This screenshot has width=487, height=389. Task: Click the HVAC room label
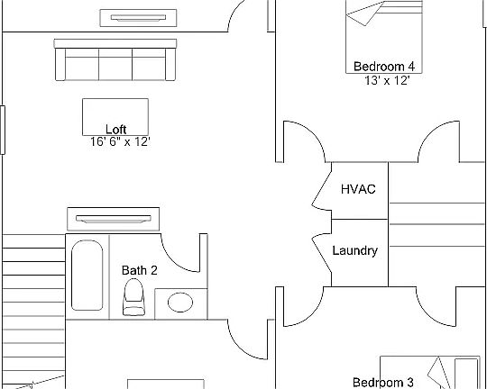(x=358, y=189)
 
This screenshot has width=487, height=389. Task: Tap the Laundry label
(x=355, y=250)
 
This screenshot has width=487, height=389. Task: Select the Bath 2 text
(x=140, y=270)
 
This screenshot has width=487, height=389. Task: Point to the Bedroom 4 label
(x=384, y=67)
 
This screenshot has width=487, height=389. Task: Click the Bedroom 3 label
(x=383, y=382)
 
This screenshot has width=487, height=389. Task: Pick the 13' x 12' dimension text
(x=387, y=81)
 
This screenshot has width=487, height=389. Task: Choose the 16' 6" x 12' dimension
(x=120, y=141)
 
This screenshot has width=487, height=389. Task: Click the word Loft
(x=115, y=130)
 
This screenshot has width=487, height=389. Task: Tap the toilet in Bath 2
(x=133, y=297)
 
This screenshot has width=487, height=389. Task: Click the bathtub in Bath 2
(x=87, y=276)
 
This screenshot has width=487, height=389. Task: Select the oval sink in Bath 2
(x=180, y=303)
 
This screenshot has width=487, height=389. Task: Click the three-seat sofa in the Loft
(x=115, y=59)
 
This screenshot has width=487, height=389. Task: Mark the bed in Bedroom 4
(x=384, y=37)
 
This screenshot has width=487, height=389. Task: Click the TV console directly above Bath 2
(x=114, y=220)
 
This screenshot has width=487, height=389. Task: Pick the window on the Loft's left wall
(x=3, y=130)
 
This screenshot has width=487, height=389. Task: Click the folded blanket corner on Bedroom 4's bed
(x=364, y=14)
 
